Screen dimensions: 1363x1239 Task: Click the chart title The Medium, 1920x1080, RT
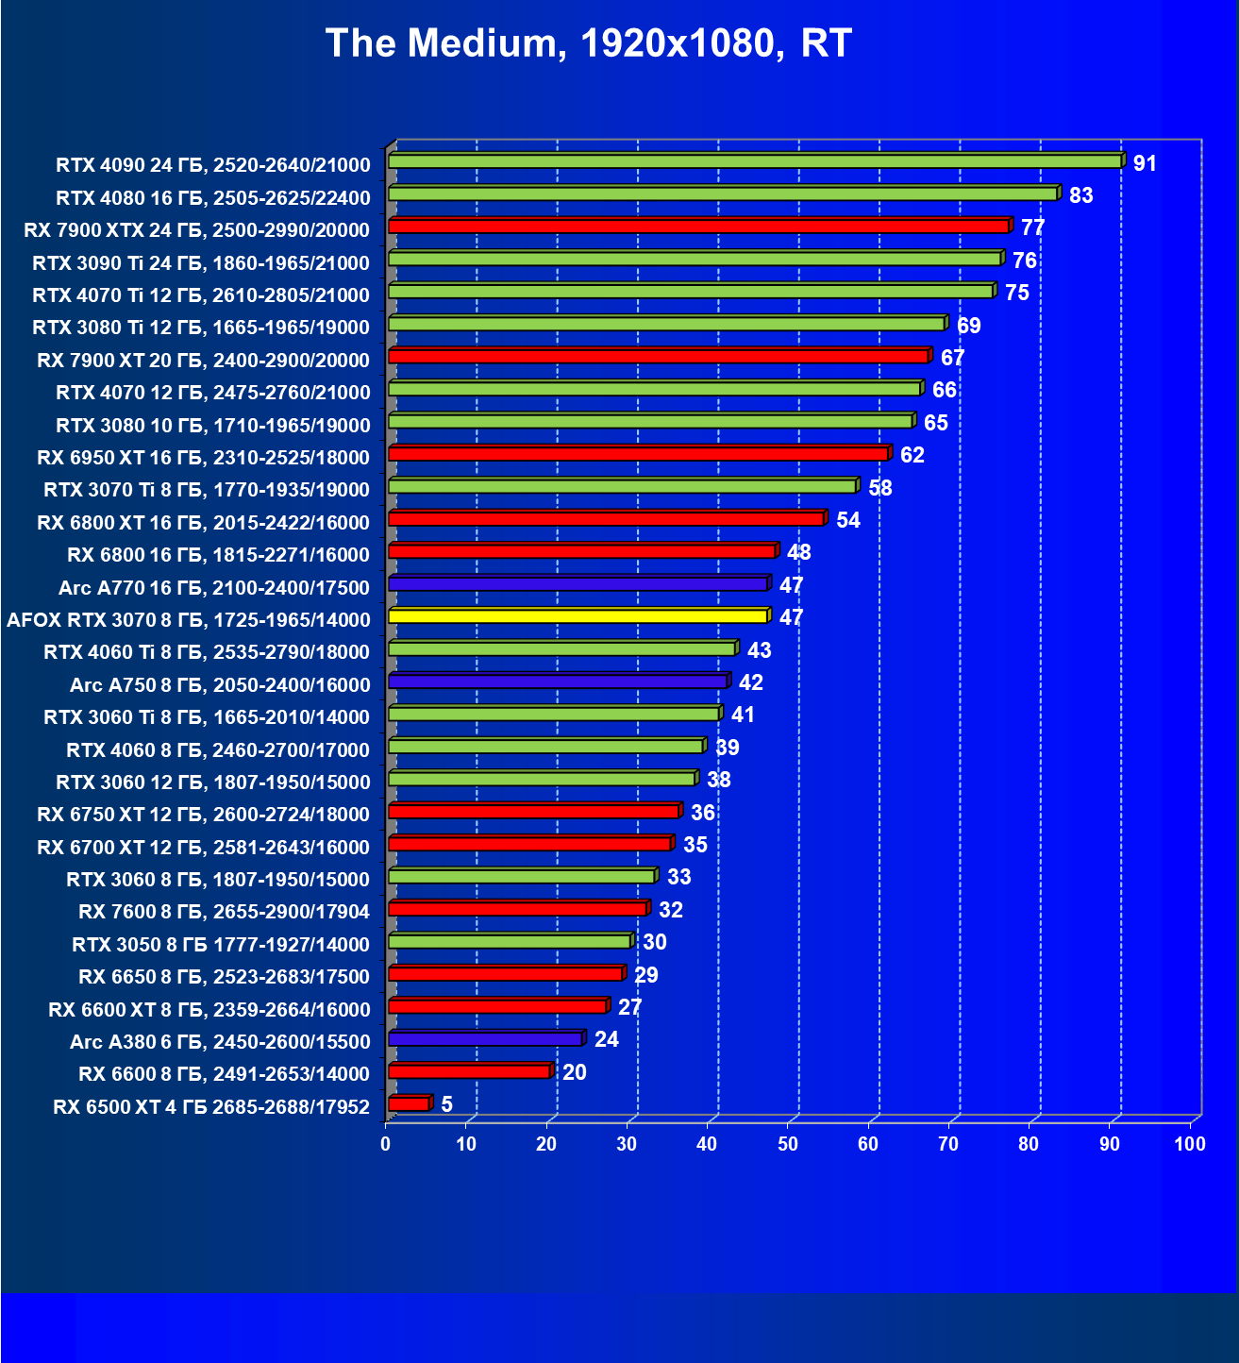click(x=589, y=43)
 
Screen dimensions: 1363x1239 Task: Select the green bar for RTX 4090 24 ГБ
click(x=755, y=161)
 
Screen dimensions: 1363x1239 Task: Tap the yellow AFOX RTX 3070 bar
click(x=578, y=616)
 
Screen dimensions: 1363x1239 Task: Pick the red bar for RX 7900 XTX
click(x=698, y=227)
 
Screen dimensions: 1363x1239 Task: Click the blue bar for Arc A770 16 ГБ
click(x=578, y=584)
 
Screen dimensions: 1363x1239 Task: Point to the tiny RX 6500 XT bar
click(x=409, y=1103)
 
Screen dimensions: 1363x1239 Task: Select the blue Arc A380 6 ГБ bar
click(x=485, y=1039)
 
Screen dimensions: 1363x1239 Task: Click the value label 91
click(x=1145, y=163)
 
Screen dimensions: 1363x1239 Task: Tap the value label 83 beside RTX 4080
click(x=1080, y=195)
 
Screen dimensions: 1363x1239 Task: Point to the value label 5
click(x=446, y=1104)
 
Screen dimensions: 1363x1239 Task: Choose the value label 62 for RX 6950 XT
click(x=912, y=455)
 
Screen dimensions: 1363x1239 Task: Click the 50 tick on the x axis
click(x=788, y=1145)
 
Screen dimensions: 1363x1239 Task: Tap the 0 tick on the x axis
click(x=386, y=1145)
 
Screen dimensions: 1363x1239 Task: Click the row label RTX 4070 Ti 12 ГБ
click(x=200, y=295)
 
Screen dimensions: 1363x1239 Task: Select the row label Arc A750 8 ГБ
click(x=219, y=684)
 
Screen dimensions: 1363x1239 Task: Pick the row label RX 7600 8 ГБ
click(x=224, y=911)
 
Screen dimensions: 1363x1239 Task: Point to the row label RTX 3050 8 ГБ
click(x=220, y=944)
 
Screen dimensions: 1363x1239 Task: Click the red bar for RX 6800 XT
click(x=606, y=519)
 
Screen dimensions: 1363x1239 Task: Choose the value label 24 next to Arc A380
click(x=606, y=1040)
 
